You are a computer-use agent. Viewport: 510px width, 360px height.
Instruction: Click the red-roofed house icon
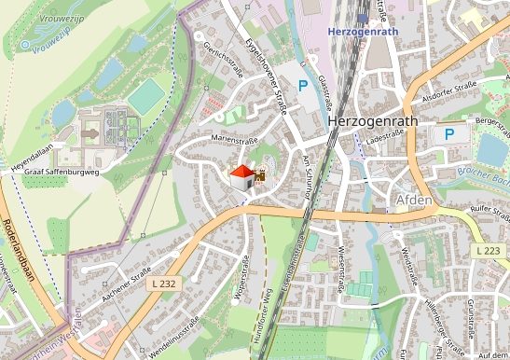point(242,176)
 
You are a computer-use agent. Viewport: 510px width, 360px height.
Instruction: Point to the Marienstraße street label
point(234,141)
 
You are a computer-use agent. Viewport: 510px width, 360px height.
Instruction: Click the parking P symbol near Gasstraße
point(303,86)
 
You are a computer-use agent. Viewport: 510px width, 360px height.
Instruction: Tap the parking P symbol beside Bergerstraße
point(449,134)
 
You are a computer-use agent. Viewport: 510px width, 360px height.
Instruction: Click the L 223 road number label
point(487,252)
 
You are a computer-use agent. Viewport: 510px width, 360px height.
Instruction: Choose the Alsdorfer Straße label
point(448,96)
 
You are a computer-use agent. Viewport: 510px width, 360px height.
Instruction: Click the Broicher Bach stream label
point(484,174)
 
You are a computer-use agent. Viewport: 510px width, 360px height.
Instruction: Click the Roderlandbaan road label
point(19,248)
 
